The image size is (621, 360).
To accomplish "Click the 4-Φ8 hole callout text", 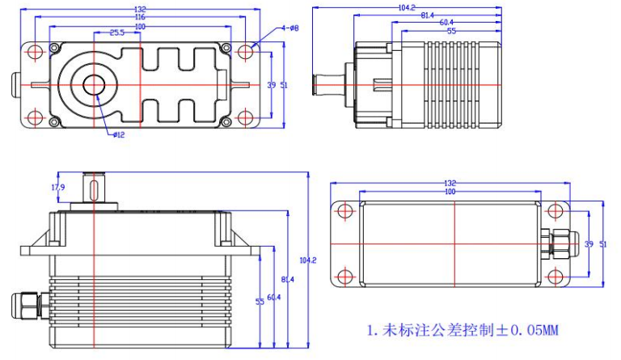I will (289, 28).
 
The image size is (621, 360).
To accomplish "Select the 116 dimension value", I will (141, 16).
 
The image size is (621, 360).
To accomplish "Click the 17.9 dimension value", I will (57, 188).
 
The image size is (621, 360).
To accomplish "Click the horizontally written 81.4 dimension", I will (427, 15).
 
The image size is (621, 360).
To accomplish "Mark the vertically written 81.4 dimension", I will (289, 280).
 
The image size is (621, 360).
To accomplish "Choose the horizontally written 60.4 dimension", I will (446, 23).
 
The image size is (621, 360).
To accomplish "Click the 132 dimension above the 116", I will (141, 8).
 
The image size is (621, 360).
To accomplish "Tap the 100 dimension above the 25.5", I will (141, 25).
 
